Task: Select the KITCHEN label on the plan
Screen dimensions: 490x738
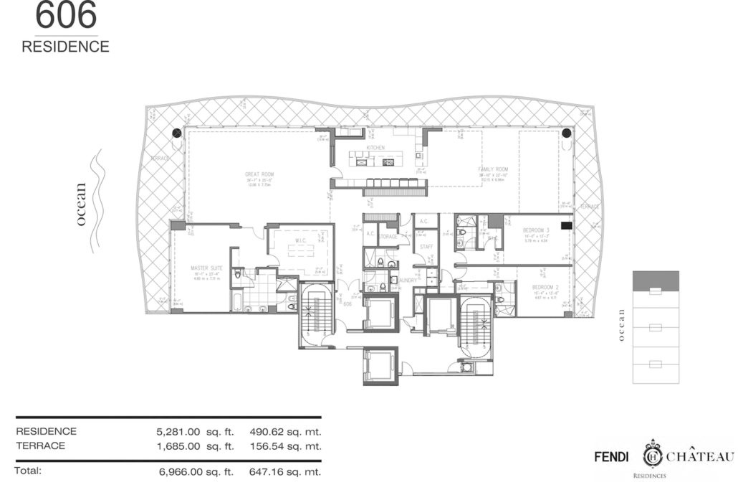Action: pyautogui.click(x=375, y=148)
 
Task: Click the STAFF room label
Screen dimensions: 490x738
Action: pyautogui.click(x=426, y=246)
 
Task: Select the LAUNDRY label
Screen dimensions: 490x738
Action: pyautogui.click(x=410, y=281)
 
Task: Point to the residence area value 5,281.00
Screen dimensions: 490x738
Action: pyautogui.click(x=176, y=432)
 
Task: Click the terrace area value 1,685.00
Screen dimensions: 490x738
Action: pyautogui.click(x=176, y=446)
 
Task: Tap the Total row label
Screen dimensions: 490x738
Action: pyautogui.click(x=29, y=471)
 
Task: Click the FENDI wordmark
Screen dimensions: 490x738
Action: pyautogui.click(x=612, y=456)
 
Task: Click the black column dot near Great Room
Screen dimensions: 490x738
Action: pyautogui.click(x=176, y=132)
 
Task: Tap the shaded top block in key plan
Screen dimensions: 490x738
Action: pyautogui.click(x=655, y=279)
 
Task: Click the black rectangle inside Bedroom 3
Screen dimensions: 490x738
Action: pyautogui.click(x=566, y=225)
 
